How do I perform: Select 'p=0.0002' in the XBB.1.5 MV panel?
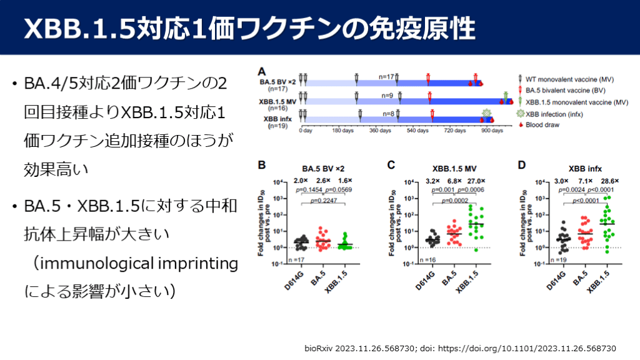(454, 201)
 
